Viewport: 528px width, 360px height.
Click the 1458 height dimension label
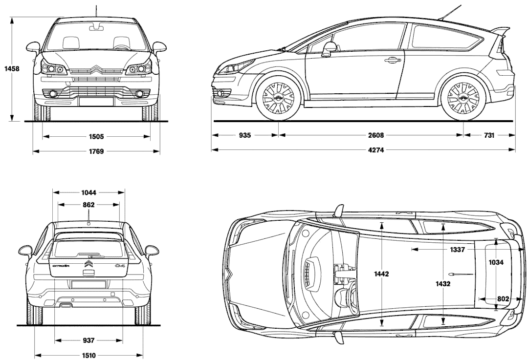pos(10,69)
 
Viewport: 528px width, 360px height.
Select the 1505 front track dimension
pos(96,137)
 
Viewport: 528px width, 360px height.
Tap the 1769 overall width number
pos(96,151)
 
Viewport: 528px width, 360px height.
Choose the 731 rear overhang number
pos(488,135)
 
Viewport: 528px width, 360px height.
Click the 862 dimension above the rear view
pos(88,205)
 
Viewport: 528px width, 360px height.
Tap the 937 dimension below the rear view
pos(88,340)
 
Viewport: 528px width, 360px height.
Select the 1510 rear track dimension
pos(88,355)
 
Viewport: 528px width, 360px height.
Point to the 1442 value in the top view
pos(381,275)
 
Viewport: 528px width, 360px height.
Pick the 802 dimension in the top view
pos(503,299)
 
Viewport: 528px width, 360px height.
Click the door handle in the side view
pos(391,61)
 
